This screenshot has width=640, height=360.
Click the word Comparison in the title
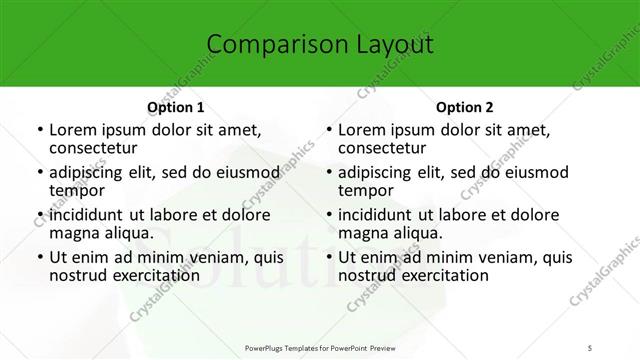pos(261,44)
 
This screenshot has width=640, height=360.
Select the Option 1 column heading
pos(175,107)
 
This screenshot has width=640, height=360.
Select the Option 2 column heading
pos(465,107)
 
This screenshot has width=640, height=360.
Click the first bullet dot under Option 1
pos(38,130)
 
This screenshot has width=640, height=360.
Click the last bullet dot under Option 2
pos(328,257)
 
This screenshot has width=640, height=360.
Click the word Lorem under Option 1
pos(73,130)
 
